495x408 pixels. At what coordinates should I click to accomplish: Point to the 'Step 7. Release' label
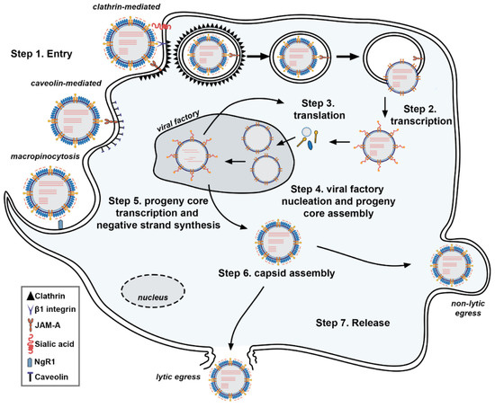coord(359,321)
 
